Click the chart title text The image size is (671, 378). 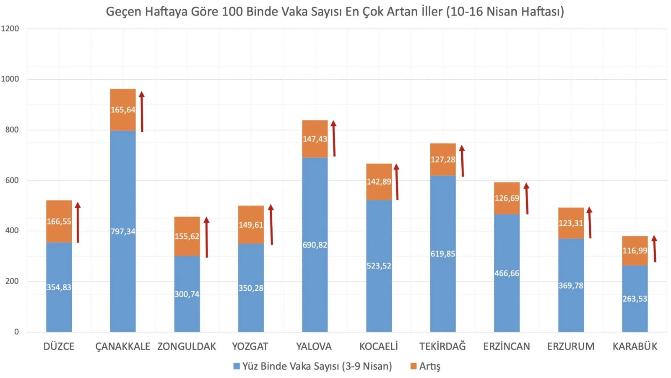(335, 11)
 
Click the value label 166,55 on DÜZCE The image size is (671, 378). (59, 222)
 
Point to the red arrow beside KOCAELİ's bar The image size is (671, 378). (397, 182)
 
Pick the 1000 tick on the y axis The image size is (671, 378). (10, 79)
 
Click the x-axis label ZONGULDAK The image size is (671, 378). (187, 347)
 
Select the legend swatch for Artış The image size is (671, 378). (414, 366)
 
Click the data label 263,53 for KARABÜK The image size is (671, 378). (635, 299)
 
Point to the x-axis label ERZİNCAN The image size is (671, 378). (507, 347)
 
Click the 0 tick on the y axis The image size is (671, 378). (16, 332)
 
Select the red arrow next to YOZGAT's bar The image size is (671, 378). (271, 224)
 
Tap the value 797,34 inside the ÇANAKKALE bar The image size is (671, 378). (123, 231)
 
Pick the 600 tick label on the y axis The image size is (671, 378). (12, 180)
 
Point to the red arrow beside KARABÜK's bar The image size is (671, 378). (655, 249)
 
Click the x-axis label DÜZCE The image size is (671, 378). (59, 347)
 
